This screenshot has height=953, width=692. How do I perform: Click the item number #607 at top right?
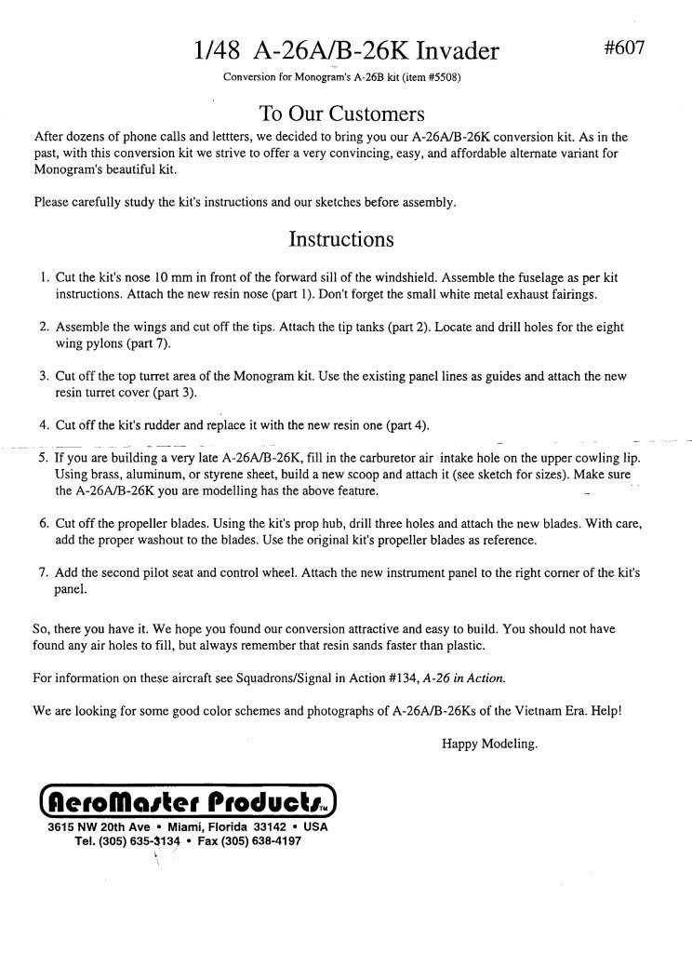click(x=624, y=47)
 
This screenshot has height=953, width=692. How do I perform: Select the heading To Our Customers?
click(x=341, y=114)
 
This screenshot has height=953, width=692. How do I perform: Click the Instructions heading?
click(x=341, y=239)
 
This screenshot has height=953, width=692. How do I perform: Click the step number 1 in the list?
click(x=44, y=277)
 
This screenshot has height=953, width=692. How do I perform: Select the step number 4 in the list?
click(x=44, y=425)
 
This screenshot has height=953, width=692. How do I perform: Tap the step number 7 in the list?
click(x=44, y=572)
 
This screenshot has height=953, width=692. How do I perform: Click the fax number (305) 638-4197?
click(x=261, y=840)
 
